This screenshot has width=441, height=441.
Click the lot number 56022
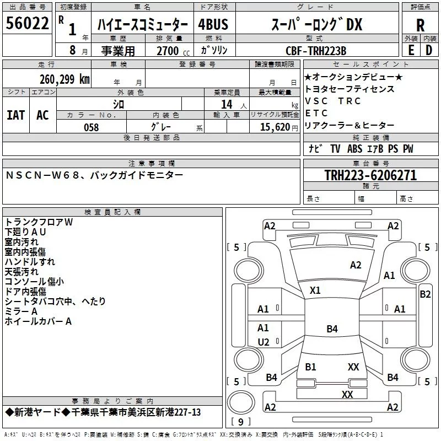pyautogui.click(x=27, y=23)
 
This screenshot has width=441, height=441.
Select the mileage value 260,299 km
pyautogui.click(x=64, y=79)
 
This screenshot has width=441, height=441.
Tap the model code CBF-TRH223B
pyautogui.click(x=316, y=51)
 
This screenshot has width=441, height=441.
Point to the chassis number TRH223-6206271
pyautogui.click(x=370, y=175)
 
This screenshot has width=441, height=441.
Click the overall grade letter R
pyautogui.click(x=420, y=25)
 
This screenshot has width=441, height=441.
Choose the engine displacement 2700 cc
pyautogui.click(x=173, y=51)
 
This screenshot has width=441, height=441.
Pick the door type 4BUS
pyautogui.click(x=213, y=24)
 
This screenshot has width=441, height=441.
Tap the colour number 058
pyautogui.click(x=92, y=127)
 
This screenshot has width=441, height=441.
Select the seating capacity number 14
pyautogui.click(x=227, y=104)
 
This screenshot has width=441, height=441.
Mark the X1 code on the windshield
pyautogui.click(x=315, y=291)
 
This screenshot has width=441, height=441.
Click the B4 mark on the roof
pyautogui.click(x=332, y=329)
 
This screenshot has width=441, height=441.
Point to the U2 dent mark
pyautogui.click(x=263, y=342)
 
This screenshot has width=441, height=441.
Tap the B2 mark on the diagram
pyautogui.click(x=425, y=294)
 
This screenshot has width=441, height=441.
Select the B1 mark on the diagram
pyautogui.click(x=310, y=367)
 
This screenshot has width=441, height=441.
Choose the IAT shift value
pyautogui.click(x=16, y=115)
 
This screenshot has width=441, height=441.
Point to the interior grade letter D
pyautogui.click(x=429, y=50)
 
